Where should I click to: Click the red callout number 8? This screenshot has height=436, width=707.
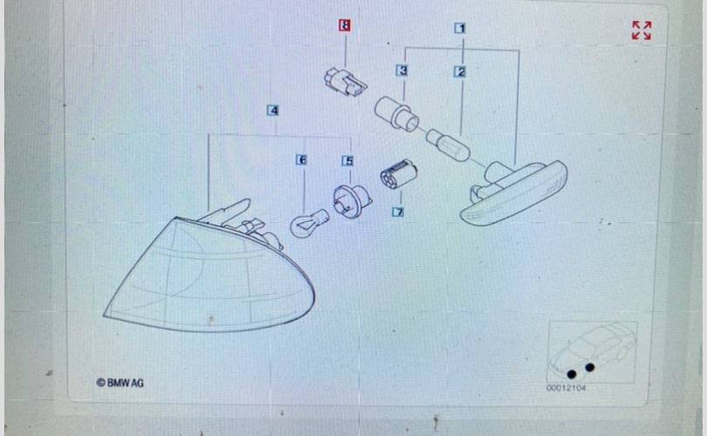345,25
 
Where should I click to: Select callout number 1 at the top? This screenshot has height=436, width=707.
460,29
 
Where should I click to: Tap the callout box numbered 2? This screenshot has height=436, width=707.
460,72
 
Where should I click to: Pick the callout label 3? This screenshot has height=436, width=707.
402,71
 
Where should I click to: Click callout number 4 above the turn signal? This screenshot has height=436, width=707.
273,111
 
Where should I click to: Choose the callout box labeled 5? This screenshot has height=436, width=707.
347,160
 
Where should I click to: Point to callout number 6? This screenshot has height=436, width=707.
302,160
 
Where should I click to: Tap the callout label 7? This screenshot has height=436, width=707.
398,212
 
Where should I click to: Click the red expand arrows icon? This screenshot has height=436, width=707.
642,31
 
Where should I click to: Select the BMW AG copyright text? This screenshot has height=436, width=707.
120,383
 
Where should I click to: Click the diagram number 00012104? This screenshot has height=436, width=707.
566,388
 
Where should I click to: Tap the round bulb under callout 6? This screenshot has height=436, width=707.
309,222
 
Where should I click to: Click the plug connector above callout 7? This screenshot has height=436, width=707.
399,174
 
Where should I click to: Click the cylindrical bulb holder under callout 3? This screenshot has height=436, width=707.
397,114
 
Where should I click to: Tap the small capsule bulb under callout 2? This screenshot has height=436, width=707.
448,144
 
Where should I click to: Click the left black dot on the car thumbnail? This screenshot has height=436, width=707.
572,374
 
